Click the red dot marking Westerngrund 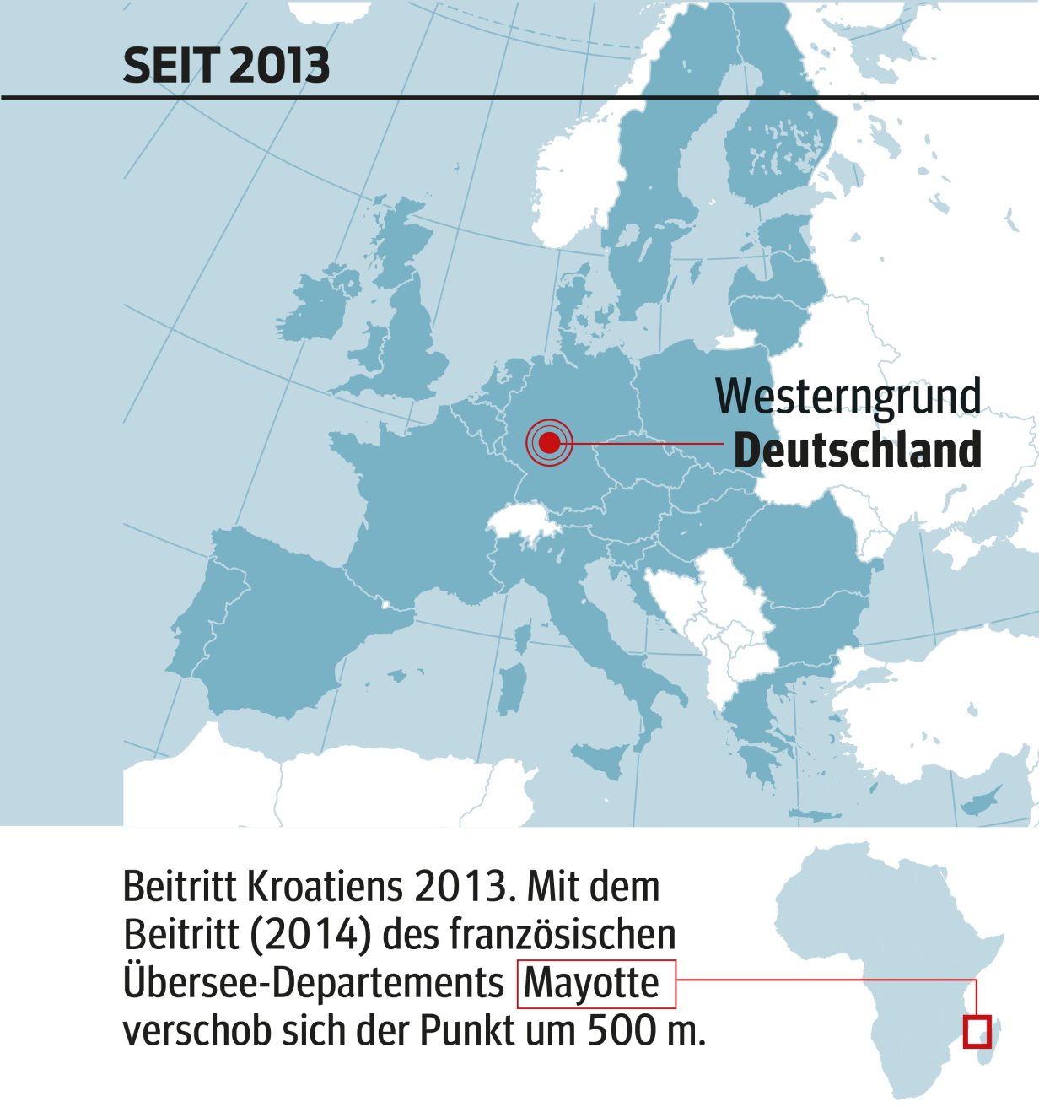(x=549, y=442)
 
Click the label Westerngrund (x=848, y=397)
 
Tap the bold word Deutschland (x=858, y=451)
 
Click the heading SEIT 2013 (x=226, y=66)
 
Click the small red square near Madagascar (x=977, y=1032)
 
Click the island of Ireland (x=316, y=304)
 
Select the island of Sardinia (x=512, y=688)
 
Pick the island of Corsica (x=523, y=636)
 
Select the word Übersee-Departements (x=313, y=984)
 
